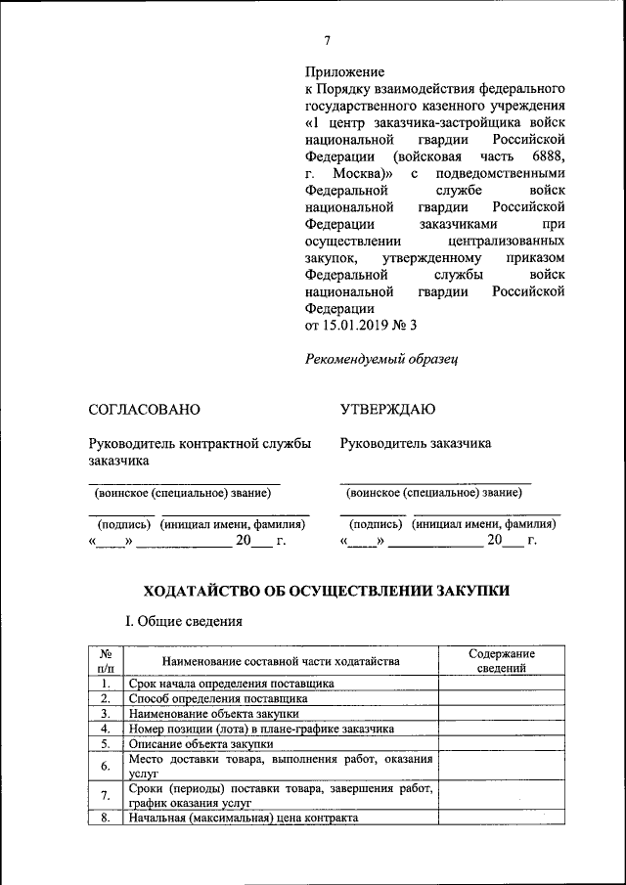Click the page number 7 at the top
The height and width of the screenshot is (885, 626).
pos(328,39)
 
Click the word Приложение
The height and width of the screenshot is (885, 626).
pos(344,71)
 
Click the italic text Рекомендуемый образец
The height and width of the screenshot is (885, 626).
pos(381,359)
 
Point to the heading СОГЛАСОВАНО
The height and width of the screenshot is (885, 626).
pos(144,409)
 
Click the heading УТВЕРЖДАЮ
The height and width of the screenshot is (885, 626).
pos(388,409)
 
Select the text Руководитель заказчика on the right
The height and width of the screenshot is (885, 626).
pos(416,443)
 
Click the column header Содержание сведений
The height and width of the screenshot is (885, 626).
pos(502,661)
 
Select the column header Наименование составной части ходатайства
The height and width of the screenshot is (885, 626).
pos(281,662)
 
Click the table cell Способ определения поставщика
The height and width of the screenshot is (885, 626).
pos(218,698)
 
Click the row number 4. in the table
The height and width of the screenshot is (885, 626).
pos(105,729)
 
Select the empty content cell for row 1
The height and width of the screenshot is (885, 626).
pos(502,684)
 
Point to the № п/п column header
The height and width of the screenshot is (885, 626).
pos(105,661)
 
